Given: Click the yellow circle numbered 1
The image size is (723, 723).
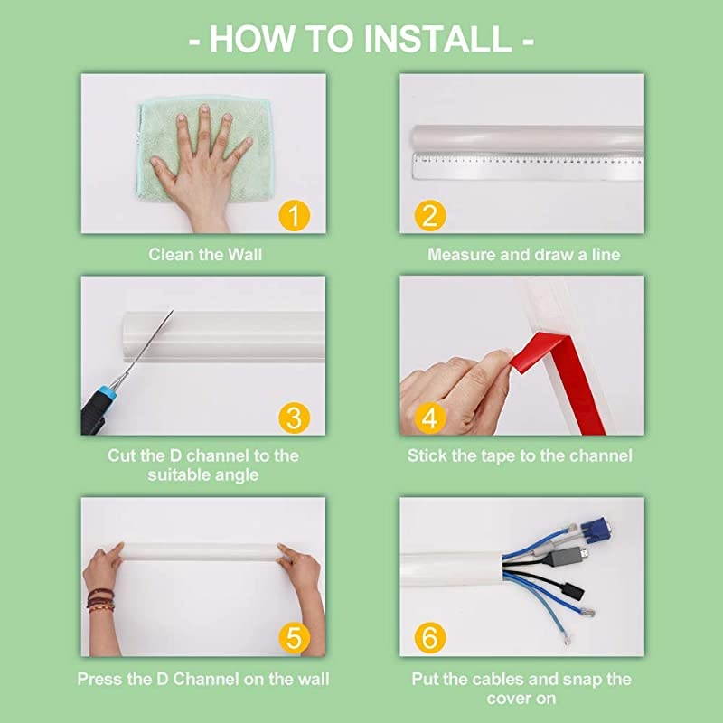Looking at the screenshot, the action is (295, 215).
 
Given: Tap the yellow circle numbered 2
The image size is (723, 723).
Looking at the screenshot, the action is (430, 215).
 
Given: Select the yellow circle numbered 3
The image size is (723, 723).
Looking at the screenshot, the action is (295, 418).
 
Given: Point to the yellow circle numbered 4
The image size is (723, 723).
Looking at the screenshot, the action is (430, 418).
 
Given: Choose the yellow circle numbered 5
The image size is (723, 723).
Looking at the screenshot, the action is (295, 638).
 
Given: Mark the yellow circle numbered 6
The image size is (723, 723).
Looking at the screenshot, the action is (430, 638).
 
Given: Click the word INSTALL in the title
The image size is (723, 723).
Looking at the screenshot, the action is (438, 39).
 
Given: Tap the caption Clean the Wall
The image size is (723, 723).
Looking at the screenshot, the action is (205, 255).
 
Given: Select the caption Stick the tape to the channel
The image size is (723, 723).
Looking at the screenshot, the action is (520, 455).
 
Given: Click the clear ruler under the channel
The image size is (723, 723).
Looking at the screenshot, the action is (528, 166).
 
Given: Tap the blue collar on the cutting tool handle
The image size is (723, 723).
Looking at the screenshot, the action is (107, 393).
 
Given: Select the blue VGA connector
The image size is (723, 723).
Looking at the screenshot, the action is (596, 531).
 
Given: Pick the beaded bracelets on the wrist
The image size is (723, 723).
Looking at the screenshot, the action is (100, 600).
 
